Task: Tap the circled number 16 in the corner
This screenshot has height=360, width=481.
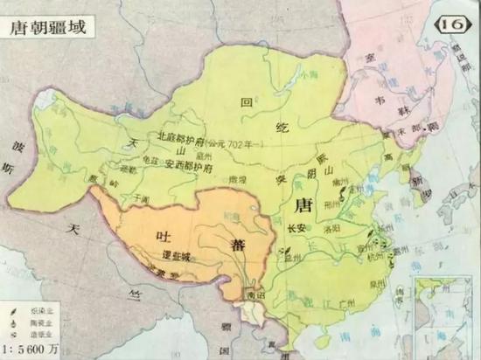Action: pyautogui.click(x=454, y=22)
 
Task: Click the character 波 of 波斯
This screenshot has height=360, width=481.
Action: pyautogui.click(x=17, y=144)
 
